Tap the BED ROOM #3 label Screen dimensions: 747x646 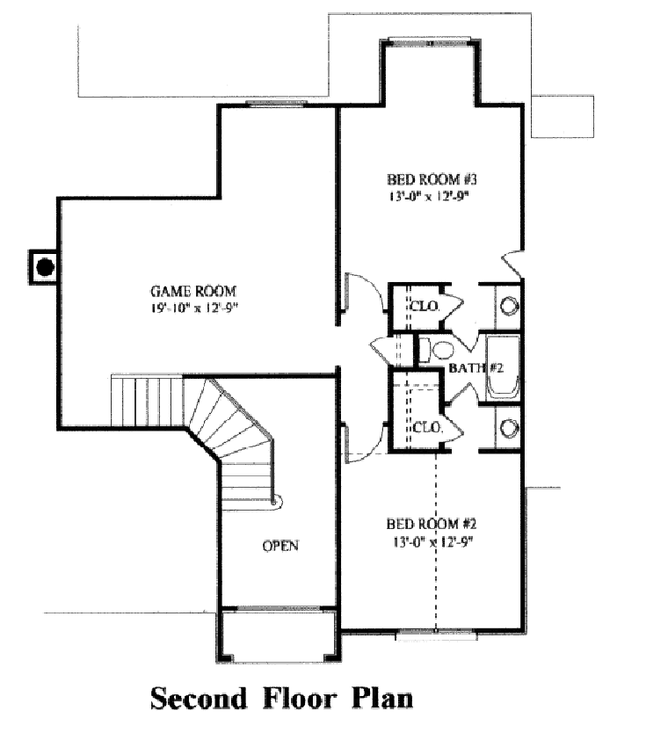pos(425,179)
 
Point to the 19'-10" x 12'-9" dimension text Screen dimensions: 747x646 pos(194,308)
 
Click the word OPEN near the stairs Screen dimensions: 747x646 pos(280,546)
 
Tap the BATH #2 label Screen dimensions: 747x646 pos(474,367)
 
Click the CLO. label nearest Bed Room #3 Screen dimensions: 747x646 pos(425,306)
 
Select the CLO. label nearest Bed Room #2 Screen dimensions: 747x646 pos(426,428)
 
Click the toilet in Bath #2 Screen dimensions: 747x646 pos(425,350)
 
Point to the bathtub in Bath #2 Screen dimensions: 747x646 pos(503,367)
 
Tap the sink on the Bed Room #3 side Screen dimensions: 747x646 pos(508,307)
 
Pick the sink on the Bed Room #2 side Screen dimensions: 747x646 pos(508,429)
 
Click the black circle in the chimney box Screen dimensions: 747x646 pos(45,265)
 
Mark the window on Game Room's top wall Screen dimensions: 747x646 pos(276,105)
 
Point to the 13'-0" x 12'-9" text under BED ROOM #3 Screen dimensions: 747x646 pos(425,196)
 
